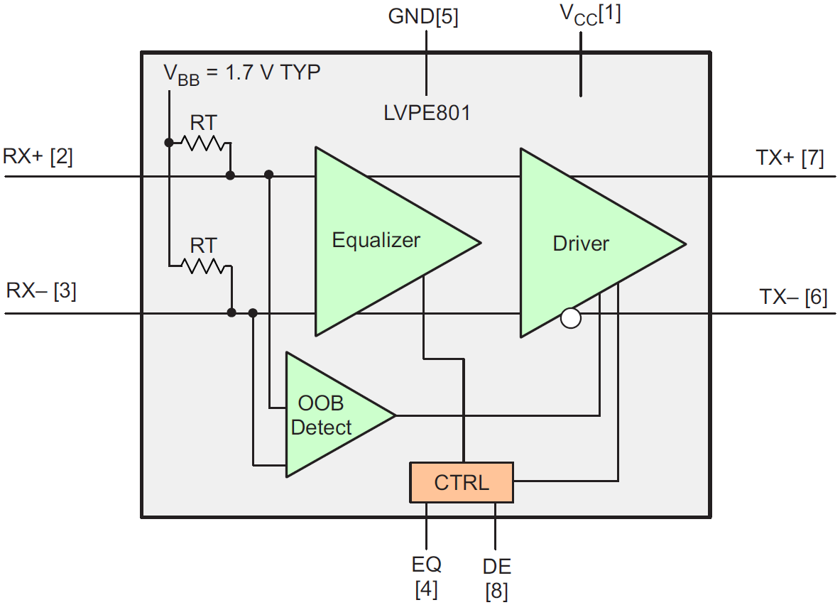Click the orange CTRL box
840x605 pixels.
click(461, 482)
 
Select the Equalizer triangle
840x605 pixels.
click(376, 241)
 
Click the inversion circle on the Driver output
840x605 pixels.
click(570, 318)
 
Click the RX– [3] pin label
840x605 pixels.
click(40, 291)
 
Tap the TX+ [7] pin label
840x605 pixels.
click(790, 158)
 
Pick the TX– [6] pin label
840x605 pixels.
click(793, 297)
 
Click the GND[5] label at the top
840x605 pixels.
click(423, 17)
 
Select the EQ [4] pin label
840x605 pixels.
click(426, 576)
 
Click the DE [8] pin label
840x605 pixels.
click(496, 578)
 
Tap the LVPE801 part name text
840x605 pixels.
click(427, 113)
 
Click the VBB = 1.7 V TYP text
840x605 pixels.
click(242, 73)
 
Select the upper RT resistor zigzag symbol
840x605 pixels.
click(202, 143)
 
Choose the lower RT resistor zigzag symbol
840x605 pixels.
click(204, 267)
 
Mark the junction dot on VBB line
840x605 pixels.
click(169, 143)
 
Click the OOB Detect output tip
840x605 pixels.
click(395, 415)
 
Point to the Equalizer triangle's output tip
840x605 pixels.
click(479, 242)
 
